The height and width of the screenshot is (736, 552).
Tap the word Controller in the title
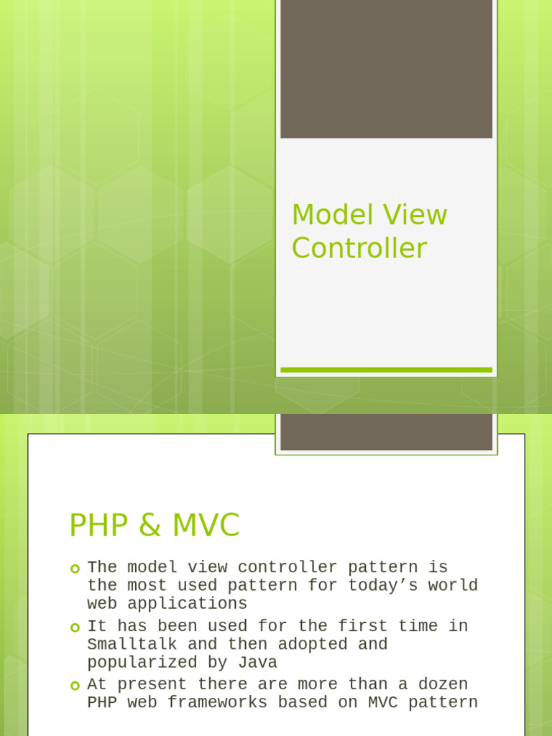point(359,249)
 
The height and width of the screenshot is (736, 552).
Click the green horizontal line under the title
point(386,370)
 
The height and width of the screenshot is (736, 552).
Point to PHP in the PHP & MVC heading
point(96,526)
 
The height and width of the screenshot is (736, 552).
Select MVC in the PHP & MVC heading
point(206,526)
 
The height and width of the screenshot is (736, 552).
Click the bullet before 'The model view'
point(75,569)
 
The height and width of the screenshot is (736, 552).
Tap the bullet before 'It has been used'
point(75,627)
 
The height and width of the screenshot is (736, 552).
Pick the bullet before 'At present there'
point(75,685)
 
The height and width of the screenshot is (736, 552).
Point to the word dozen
point(443,684)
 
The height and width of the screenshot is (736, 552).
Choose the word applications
point(188,604)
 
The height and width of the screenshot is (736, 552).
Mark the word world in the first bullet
point(454,585)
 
